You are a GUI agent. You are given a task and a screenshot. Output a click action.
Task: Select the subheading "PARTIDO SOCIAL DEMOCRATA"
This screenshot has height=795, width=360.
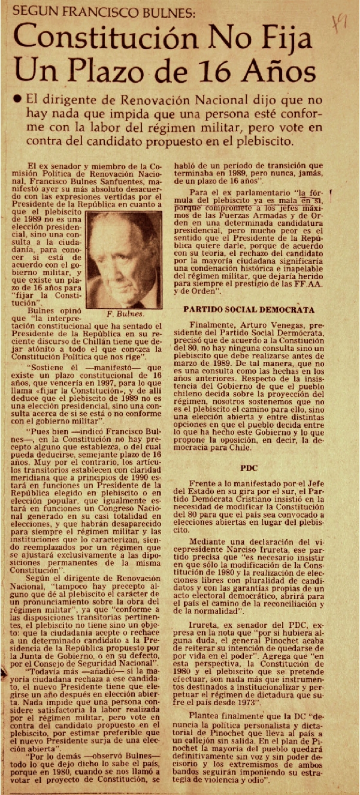tap(249, 310)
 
